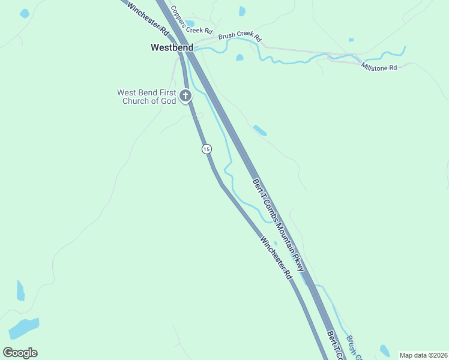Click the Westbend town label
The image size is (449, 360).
(x=172, y=47)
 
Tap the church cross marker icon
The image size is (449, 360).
(x=186, y=95)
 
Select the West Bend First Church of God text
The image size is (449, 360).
(x=147, y=97)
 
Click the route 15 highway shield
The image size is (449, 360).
(x=206, y=148)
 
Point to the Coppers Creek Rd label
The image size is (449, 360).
(x=191, y=20)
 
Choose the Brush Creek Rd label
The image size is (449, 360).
(x=240, y=37)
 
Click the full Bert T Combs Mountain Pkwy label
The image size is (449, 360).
(x=279, y=225)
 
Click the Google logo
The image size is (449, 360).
(x=20, y=353)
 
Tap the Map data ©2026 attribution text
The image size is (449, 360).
(x=423, y=355)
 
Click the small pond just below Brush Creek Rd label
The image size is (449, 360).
(x=240, y=58)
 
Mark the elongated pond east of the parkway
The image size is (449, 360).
(x=260, y=130)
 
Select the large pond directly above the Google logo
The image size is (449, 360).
(x=23, y=328)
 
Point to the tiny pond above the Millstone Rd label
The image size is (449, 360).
(x=351, y=40)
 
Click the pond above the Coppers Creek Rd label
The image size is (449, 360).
(x=242, y=11)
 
